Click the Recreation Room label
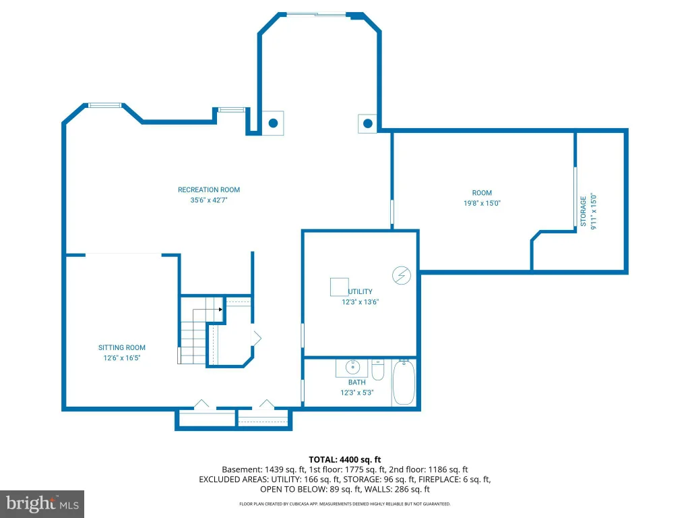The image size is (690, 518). (x=209, y=190)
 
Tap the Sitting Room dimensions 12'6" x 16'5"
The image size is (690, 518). (x=122, y=357)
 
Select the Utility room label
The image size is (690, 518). (x=360, y=291)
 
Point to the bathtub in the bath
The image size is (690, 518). (x=404, y=382)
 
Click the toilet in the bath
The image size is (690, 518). (x=378, y=370)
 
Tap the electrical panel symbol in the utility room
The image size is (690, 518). (x=402, y=276)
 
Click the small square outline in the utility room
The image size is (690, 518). (x=340, y=287)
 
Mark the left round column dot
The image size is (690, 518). (x=274, y=123)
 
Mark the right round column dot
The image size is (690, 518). (x=368, y=124)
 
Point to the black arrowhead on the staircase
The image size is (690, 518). (x=220, y=309)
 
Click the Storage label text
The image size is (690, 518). (x=583, y=211)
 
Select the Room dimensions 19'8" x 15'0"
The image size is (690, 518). (x=482, y=203)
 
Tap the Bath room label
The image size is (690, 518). (x=357, y=382)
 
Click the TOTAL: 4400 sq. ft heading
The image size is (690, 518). (x=344, y=460)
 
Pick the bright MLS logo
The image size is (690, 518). (x=42, y=504)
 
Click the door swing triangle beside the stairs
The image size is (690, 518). (x=256, y=339)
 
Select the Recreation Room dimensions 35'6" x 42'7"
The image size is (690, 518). (x=209, y=200)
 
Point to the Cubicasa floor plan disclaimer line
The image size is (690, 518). (x=344, y=504)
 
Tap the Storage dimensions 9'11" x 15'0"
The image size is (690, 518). (x=594, y=211)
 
